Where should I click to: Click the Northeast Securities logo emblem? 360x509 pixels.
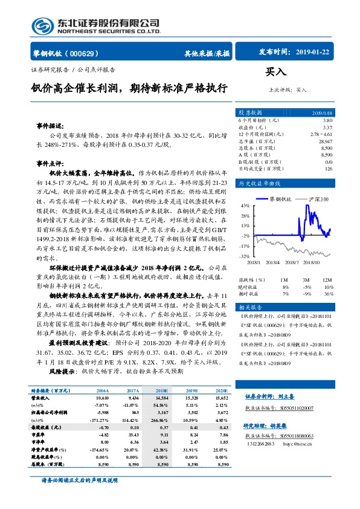point(42,25)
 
